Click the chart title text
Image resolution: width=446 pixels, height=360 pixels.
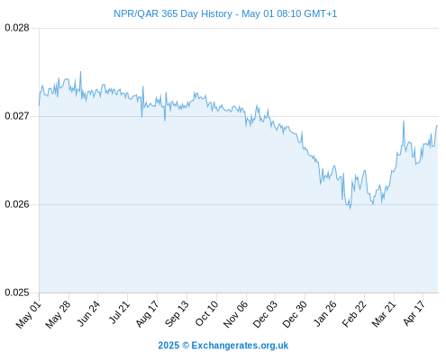coord(225,13)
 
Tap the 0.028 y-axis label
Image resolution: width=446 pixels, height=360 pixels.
coord(17,28)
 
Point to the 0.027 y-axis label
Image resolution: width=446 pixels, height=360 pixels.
coord(17,116)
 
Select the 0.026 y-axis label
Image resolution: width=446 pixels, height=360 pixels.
coord(17,204)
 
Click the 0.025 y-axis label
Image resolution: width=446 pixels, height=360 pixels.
coord(17,292)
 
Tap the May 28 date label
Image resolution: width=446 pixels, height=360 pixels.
coord(58,314)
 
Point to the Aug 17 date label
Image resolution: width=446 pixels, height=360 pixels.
coord(147,314)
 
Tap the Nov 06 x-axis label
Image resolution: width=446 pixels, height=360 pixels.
coord(236,314)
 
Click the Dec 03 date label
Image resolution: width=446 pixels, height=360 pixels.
coord(265,314)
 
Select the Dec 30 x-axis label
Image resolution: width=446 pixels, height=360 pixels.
coord(295,314)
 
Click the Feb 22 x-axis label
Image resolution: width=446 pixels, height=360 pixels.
coord(354,314)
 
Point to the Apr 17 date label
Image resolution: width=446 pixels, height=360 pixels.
coord(414,313)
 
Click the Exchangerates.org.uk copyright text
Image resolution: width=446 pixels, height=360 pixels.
coord(223,346)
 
